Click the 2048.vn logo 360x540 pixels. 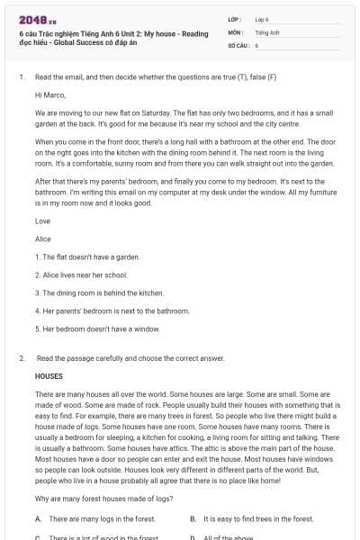pos(31,18)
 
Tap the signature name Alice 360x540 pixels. pos(42,238)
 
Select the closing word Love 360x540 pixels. pos(42,220)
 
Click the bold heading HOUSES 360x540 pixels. pos(49,376)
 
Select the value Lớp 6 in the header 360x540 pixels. pos(262,19)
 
